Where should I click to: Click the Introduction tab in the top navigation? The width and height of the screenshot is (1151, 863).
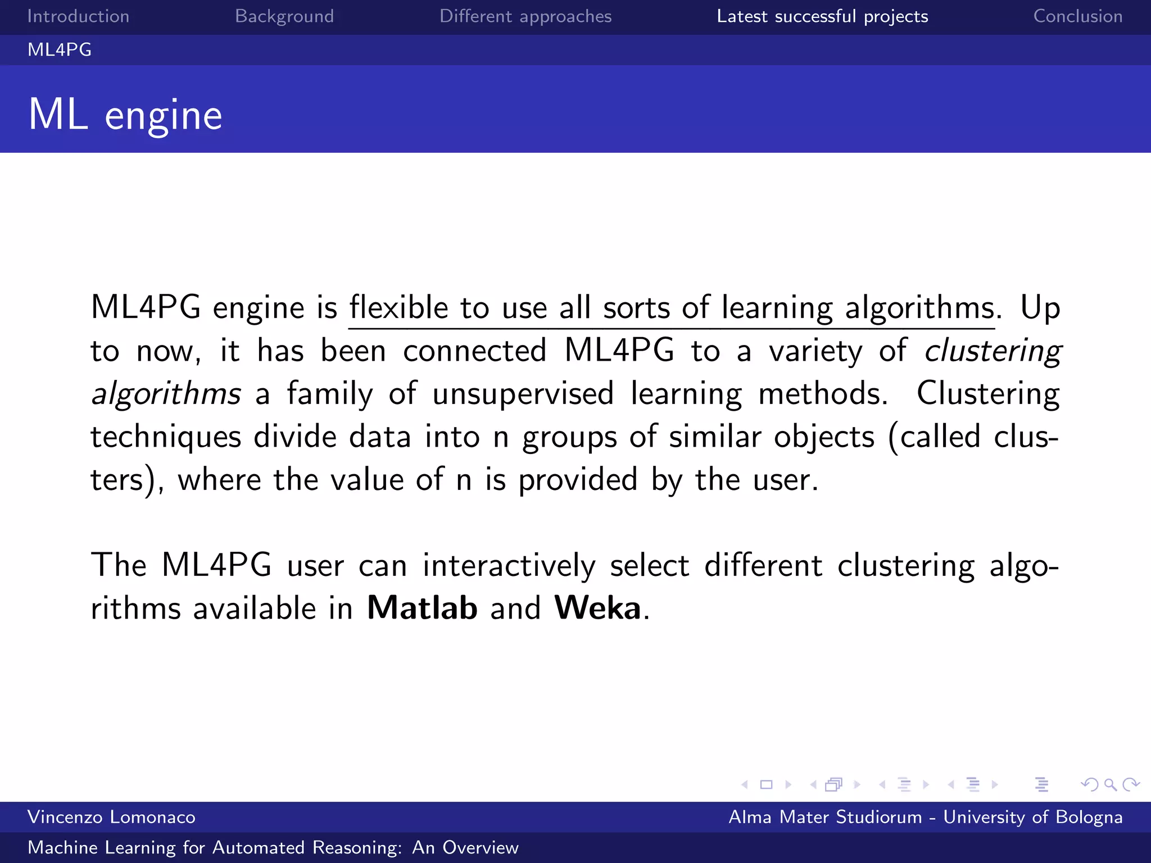pos(78,16)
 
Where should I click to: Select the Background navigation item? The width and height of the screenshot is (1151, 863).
pos(284,16)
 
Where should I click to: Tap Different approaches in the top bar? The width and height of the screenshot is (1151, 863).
pos(525,16)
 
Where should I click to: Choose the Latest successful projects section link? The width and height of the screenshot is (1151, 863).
pos(822,16)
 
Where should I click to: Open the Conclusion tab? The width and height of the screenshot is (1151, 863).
pos(1078,16)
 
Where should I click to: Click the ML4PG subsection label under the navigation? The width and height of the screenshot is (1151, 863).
pos(60,50)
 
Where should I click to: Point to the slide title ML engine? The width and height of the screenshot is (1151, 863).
pos(125,115)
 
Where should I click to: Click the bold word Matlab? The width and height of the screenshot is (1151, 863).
pos(422,608)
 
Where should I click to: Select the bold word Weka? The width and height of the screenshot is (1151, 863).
pos(597,608)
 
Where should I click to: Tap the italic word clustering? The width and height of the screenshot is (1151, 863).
pos(993,351)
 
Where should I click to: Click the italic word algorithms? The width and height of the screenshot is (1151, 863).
pos(166,394)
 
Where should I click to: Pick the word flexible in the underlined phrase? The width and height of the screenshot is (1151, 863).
pos(399,308)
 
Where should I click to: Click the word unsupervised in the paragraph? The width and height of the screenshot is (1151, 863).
pos(523,394)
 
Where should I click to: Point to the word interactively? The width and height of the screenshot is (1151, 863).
pos(509,565)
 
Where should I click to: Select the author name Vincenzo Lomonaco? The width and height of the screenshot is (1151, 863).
pos(111,817)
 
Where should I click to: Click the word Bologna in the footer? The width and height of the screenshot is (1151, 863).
pos(1089,817)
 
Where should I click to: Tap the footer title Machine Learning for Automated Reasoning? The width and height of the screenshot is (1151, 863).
pos(273,847)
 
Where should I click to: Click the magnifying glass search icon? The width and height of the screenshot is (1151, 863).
pos(1110,784)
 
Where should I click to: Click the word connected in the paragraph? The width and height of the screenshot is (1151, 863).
pos(475,351)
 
